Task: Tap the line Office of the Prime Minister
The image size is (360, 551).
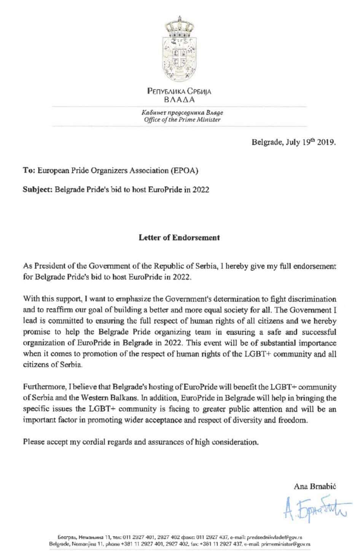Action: pos(182,120)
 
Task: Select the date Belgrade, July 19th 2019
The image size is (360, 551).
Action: pos(293,142)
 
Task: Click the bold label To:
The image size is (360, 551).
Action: pos(29,171)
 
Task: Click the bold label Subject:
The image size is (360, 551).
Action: pos(37,190)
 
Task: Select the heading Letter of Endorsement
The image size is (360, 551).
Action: pos(179,238)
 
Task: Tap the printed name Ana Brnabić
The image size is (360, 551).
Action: pos(315,486)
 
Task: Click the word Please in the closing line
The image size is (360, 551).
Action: pos(33,442)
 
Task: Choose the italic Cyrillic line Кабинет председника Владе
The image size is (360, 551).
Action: pos(182,113)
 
